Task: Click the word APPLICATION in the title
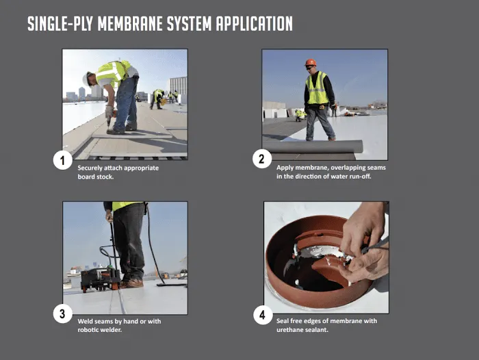[254, 24]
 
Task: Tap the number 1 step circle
[63, 161]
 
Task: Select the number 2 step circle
[262, 159]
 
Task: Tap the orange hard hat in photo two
[311, 62]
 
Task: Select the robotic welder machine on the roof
[96, 277]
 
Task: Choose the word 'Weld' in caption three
[86, 320]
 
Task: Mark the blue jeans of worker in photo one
[126, 103]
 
